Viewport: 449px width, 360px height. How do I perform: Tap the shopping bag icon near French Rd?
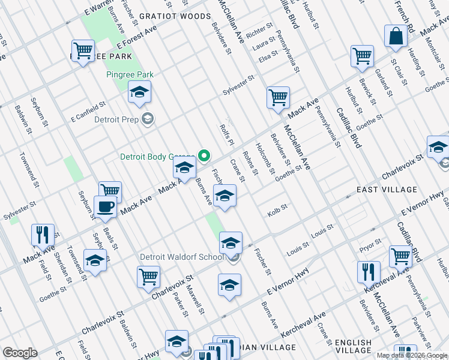396,37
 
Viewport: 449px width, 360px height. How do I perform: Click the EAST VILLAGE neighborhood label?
387,190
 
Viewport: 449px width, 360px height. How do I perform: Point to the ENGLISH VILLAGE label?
353,346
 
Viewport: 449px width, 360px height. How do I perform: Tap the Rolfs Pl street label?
227,136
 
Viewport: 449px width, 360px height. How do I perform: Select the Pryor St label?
370,243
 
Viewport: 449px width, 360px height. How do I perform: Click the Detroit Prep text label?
119,119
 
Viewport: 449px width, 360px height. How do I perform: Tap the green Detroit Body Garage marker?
203,157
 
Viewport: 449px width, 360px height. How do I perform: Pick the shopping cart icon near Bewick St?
363,57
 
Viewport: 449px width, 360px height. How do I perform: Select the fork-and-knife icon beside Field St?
43,235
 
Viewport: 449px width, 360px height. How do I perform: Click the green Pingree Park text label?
130,75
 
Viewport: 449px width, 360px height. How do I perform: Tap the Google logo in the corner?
20,353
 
